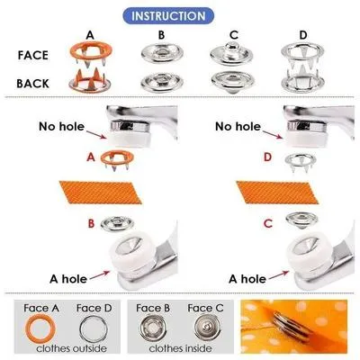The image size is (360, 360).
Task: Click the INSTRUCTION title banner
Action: pos(180,16)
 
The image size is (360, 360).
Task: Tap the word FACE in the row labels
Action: pos(34,54)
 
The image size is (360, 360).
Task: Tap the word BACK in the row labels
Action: pos(34,83)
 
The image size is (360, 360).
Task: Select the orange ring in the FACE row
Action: pos(90,51)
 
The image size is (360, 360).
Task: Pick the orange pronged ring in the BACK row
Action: pos(90,82)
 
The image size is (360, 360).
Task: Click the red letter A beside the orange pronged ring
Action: pos(91,157)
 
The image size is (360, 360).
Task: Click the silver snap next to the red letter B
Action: pos(116,223)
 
